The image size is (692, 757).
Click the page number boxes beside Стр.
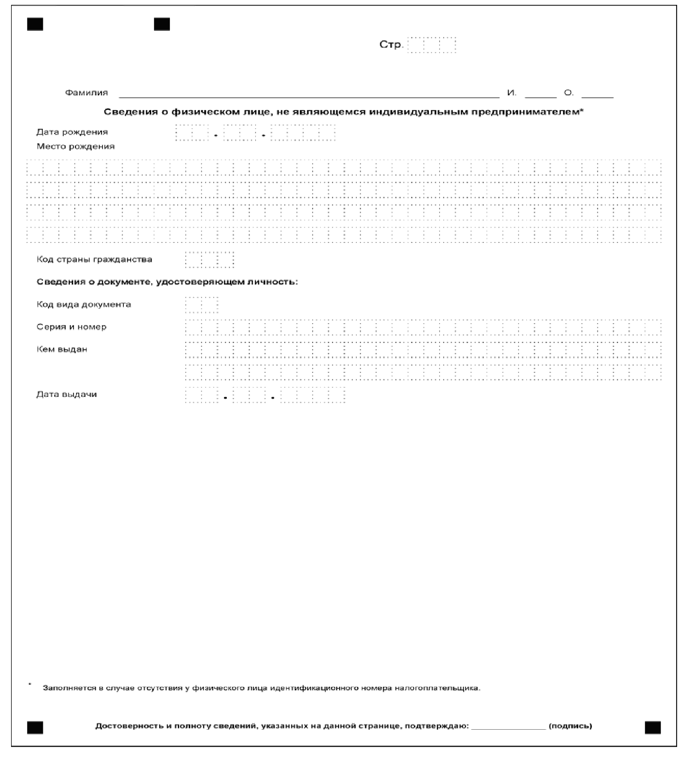pyautogui.click(x=431, y=45)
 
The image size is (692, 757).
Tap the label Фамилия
pyautogui.click(x=86, y=93)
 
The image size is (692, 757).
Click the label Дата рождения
pyautogui.click(x=72, y=132)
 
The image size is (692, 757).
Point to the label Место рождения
pyautogui.click(x=76, y=147)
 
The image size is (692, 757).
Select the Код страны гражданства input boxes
pyautogui.click(x=209, y=260)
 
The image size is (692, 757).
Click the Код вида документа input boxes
pyautogui.click(x=201, y=305)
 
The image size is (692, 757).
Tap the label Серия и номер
pyautogui.click(x=71, y=327)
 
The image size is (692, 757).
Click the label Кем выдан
pyautogui.click(x=62, y=350)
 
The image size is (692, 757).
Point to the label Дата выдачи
pyautogui.click(x=67, y=395)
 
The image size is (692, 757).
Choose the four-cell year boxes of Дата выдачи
pyautogui.click(x=313, y=395)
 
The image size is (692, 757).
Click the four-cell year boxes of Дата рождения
pyautogui.click(x=303, y=133)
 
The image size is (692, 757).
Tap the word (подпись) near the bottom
pyautogui.click(x=570, y=726)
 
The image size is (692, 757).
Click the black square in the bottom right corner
pyautogui.click(x=652, y=728)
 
